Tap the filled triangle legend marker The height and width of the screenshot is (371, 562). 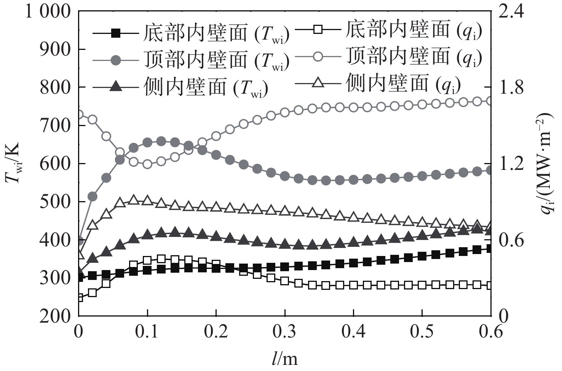pyautogui.click(x=117, y=87)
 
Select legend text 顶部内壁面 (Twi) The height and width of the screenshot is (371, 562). pyautogui.click(x=216, y=60)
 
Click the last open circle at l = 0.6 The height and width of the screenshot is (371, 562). pyautogui.click(x=490, y=101)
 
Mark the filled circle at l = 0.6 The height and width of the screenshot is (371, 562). pyautogui.click(x=490, y=171)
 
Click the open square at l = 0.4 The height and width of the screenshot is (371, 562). pyautogui.click(x=353, y=285)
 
